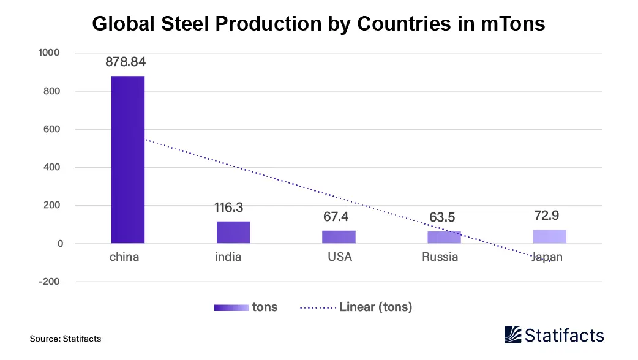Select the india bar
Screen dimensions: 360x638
coord(233,233)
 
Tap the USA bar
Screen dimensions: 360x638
coord(339,237)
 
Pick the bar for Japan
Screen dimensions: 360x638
coord(550,236)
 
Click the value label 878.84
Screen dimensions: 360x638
coord(126,62)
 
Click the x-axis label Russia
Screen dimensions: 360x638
coord(440,257)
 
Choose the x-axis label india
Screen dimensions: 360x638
coord(228,257)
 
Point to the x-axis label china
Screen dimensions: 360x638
coord(124,257)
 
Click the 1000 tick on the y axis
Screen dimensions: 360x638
coord(48,53)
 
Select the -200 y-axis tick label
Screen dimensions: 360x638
coord(48,282)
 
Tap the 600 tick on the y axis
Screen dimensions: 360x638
coord(51,129)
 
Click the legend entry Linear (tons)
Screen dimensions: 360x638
coord(375,307)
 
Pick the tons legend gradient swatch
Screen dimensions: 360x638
coord(231,308)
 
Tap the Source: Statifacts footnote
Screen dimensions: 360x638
coord(66,339)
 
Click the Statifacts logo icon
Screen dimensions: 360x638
coord(513,334)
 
